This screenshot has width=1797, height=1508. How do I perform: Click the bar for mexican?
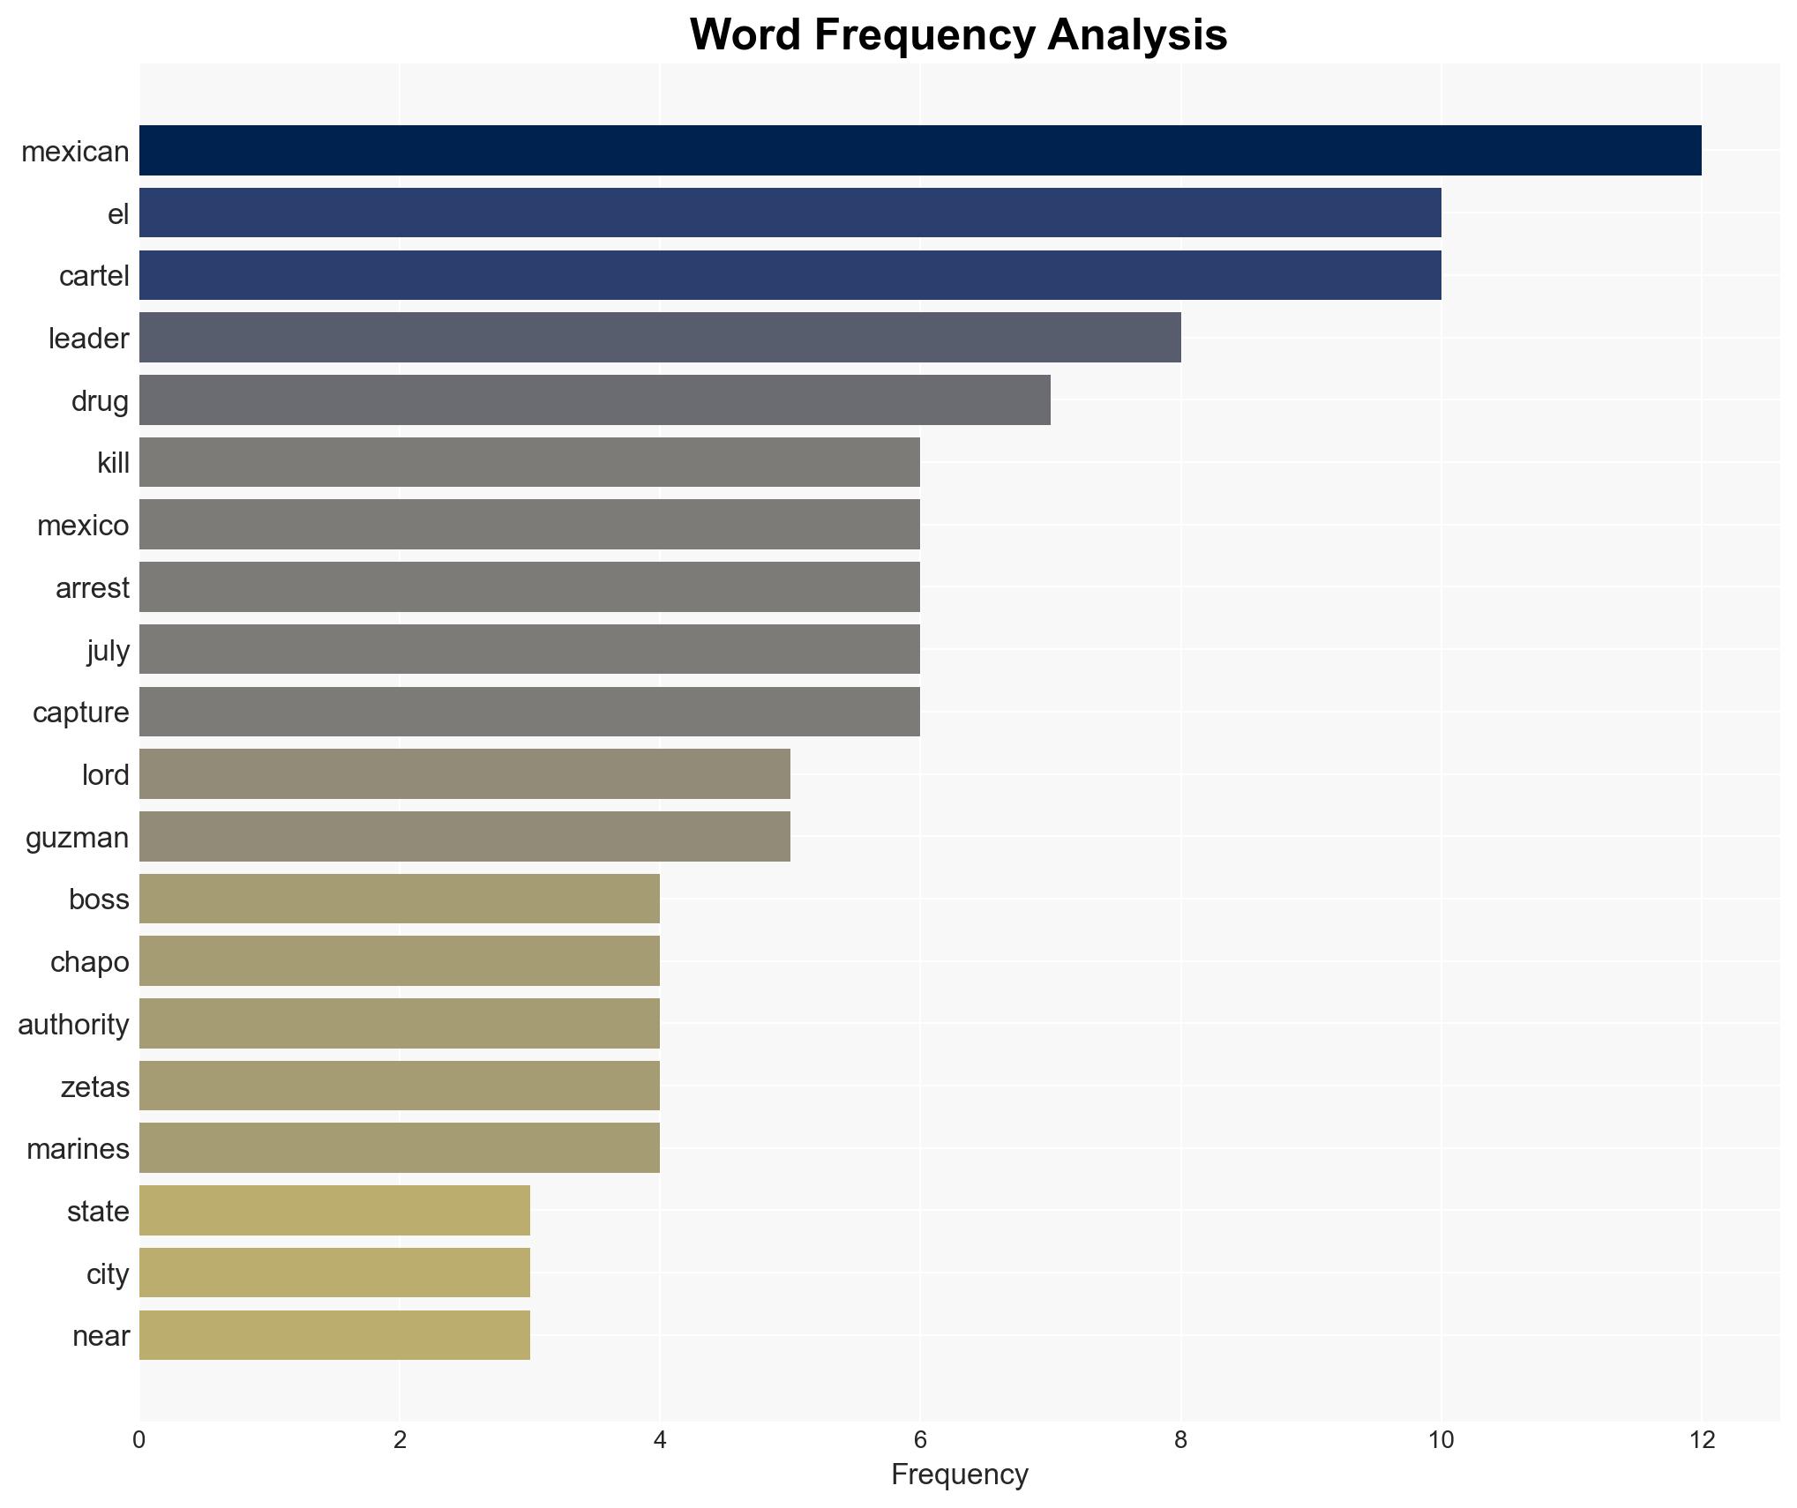(920, 151)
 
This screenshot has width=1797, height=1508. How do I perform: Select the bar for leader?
(660, 338)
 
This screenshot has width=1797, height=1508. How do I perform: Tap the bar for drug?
(595, 400)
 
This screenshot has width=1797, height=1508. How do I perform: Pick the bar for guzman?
(465, 837)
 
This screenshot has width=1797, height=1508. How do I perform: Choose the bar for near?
(334, 1335)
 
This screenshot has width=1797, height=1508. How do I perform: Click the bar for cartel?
(790, 275)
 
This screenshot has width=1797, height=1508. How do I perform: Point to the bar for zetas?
(400, 1086)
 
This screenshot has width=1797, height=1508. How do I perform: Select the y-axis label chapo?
(89, 961)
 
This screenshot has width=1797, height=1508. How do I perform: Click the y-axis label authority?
(73, 1024)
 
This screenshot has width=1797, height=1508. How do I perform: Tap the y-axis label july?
(108, 650)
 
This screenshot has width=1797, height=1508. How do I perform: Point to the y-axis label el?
(118, 213)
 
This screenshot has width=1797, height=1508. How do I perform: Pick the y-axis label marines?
(78, 1148)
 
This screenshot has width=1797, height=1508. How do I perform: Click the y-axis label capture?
(80, 712)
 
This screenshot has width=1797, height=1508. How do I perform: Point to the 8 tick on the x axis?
(1180, 1440)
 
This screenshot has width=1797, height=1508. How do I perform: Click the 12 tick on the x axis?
(1701, 1440)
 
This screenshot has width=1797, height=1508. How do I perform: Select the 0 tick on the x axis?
(139, 1440)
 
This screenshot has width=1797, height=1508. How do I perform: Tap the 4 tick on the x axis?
(660, 1440)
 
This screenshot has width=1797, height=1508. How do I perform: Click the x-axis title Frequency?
(959, 1474)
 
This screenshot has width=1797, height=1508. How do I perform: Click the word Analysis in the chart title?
(1137, 35)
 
